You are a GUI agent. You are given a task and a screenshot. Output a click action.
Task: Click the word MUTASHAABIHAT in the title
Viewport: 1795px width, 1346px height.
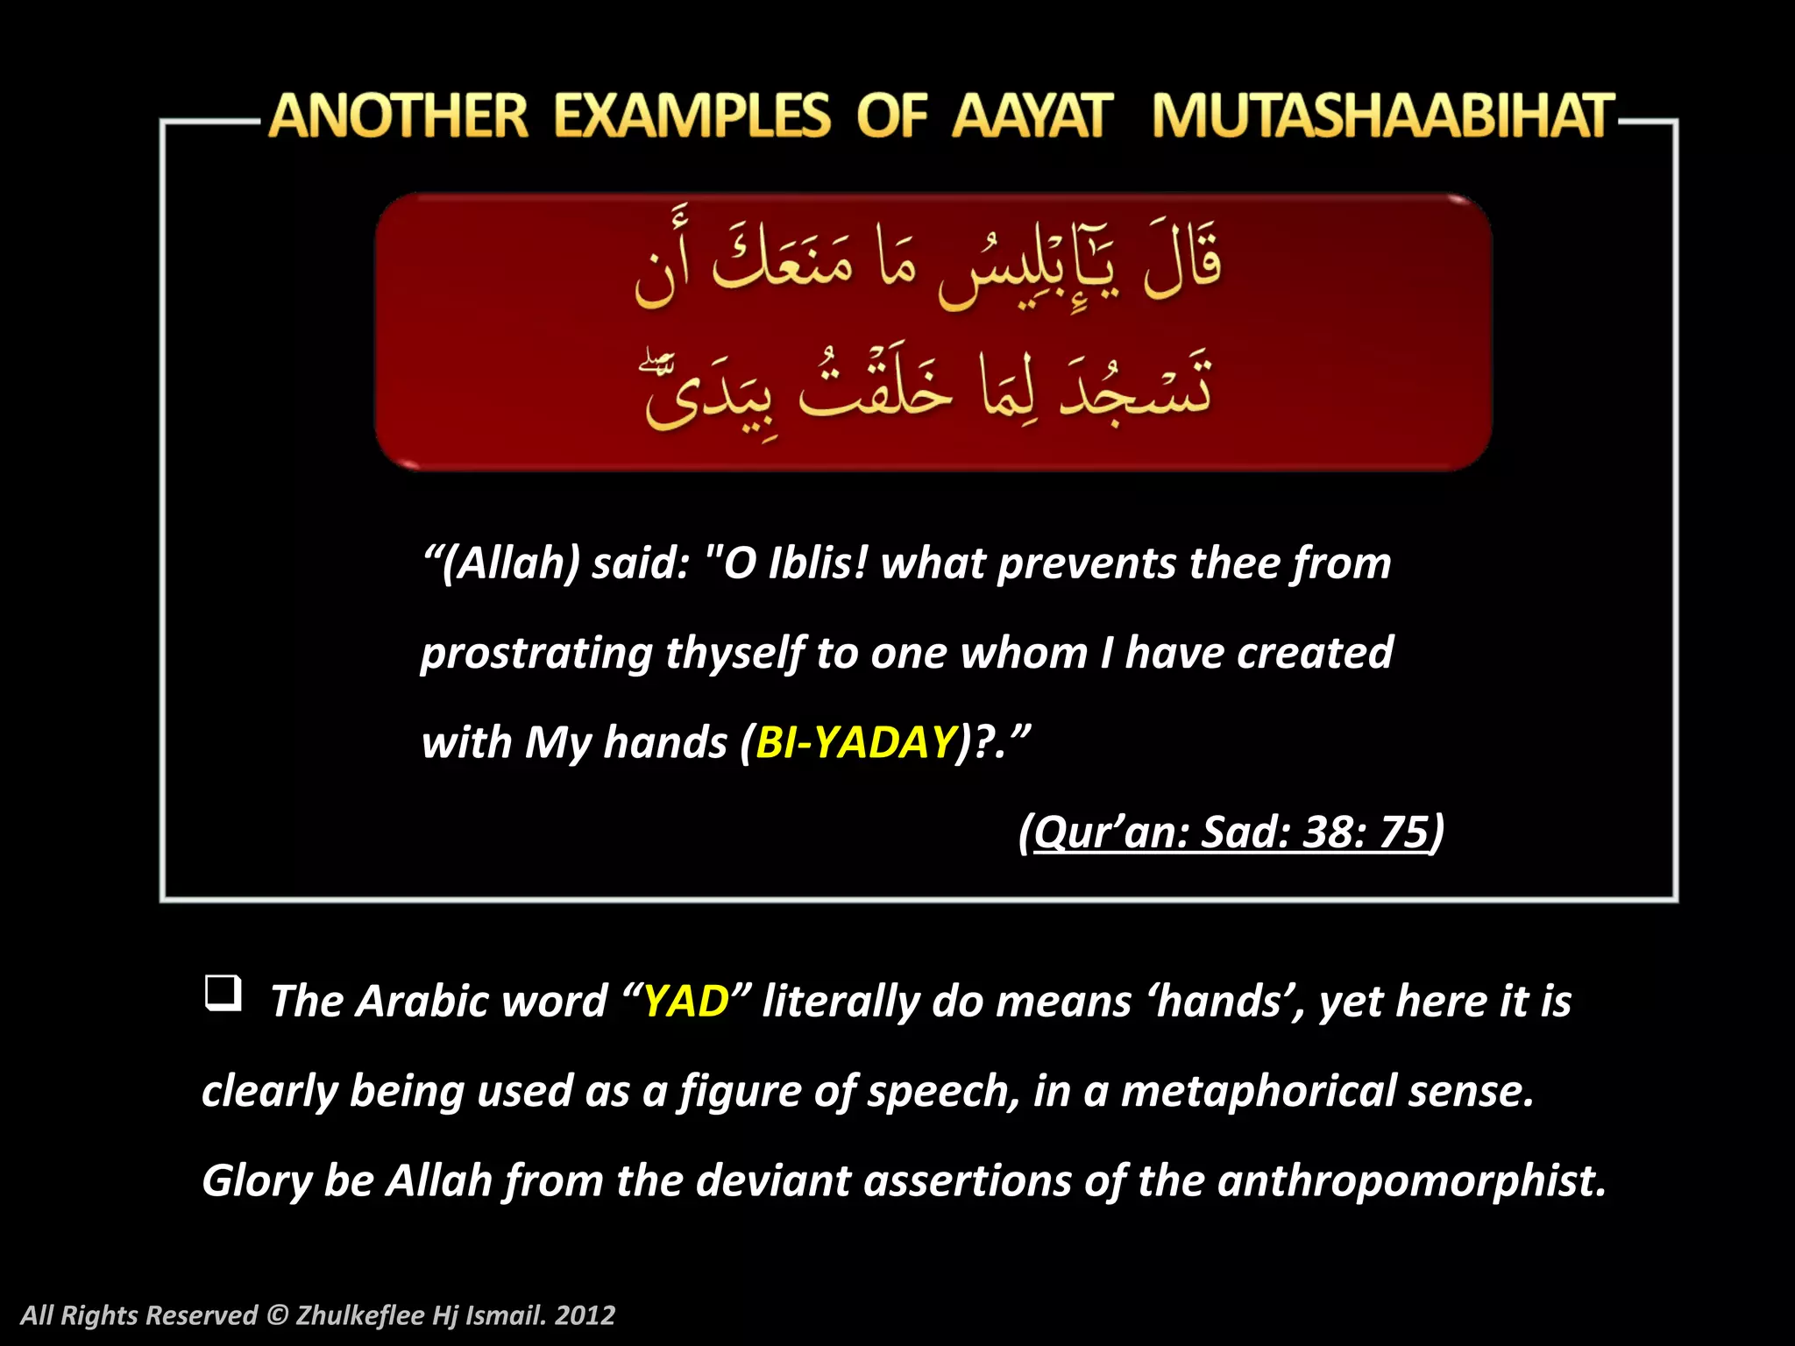point(1383,117)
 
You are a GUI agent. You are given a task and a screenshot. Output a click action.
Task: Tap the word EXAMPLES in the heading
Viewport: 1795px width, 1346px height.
point(692,117)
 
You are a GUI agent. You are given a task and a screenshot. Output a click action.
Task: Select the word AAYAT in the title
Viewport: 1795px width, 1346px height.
point(1032,117)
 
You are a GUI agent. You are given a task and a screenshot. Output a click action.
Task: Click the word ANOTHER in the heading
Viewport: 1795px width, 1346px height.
point(399,117)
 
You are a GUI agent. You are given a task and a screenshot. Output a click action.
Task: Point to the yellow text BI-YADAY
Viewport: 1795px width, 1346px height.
point(855,742)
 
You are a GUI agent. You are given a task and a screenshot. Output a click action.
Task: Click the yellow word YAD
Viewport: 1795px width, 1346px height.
point(686,1001)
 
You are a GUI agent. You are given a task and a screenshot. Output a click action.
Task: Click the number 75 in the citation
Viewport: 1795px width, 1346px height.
point(1404,832)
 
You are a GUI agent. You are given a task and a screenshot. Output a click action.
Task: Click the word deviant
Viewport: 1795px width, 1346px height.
point(773,1180)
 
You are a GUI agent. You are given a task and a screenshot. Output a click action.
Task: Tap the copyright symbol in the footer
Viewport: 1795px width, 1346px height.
point(277,1315)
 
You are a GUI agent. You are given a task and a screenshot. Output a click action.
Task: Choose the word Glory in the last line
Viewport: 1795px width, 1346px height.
point(257,1180)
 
